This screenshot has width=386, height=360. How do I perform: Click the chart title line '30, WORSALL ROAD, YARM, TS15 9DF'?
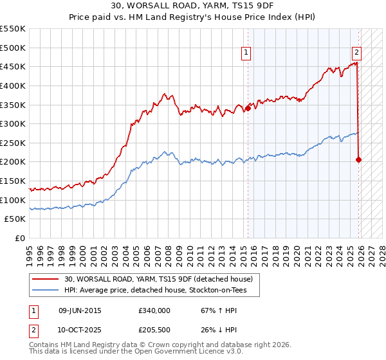coord(193,7)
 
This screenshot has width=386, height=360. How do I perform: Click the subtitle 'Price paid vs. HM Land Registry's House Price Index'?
coord(193,18)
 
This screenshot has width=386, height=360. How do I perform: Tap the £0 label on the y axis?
coord(21,238)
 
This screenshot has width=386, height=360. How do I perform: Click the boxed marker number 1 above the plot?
coord(248,53)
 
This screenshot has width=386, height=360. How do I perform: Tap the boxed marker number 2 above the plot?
coord(357,53)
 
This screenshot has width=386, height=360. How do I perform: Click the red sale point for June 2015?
coord(248,109)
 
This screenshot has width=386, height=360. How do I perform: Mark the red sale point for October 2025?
coord(358,159)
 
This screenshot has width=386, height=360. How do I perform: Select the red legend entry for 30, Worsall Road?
coord(161,279)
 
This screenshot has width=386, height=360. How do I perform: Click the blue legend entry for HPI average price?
coord(161,291)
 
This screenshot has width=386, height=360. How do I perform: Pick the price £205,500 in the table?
coord(154,330)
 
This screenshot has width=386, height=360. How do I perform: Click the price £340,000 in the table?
coord(154,310)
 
